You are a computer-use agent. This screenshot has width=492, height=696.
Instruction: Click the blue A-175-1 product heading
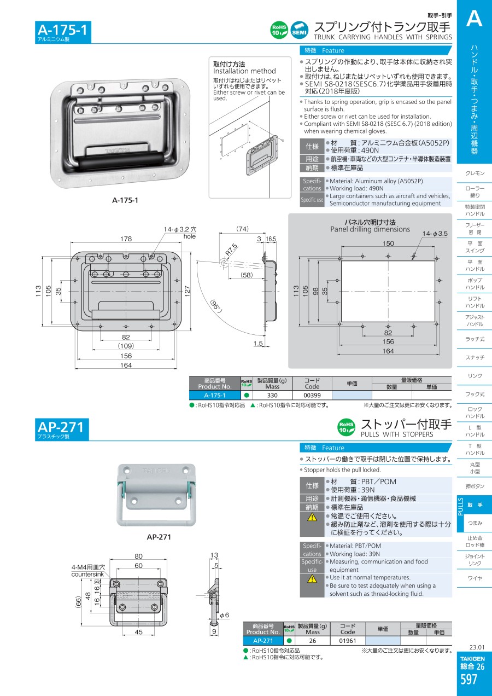tap(62, 30)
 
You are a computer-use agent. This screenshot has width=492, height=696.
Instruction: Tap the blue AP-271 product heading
tap(61, 427)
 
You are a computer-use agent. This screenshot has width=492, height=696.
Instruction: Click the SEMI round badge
tap(299, 30)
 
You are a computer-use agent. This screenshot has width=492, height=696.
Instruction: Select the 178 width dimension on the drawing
tap(126, 239)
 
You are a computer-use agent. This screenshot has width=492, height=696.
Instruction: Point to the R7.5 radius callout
tap(231, 250)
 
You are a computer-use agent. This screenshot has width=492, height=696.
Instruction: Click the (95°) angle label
tap(216, 306)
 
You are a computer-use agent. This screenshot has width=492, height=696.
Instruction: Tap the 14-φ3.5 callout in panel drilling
tap(435, 234)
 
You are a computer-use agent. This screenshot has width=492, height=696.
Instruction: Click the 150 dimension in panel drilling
tap(388, 243)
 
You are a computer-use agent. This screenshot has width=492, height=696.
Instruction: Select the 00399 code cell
tap(312, 395)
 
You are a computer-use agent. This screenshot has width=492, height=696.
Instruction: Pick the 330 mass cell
tap(272, 395)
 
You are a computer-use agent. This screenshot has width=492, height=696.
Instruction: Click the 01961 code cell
tap(348, 641)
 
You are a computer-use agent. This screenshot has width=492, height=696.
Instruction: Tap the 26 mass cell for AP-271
tap(313, 641)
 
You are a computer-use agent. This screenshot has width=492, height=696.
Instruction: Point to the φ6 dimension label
tap(224, 615)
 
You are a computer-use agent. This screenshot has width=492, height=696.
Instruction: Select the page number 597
tap(469, 679)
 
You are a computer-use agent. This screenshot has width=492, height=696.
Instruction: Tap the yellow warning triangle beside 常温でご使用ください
tap(312, 517)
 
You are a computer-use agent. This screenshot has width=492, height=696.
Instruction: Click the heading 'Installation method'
tap(244, 71)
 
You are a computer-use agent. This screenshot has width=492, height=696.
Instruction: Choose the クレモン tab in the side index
tap(475, 173)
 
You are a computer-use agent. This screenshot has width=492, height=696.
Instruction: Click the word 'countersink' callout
tap(88, 574)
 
